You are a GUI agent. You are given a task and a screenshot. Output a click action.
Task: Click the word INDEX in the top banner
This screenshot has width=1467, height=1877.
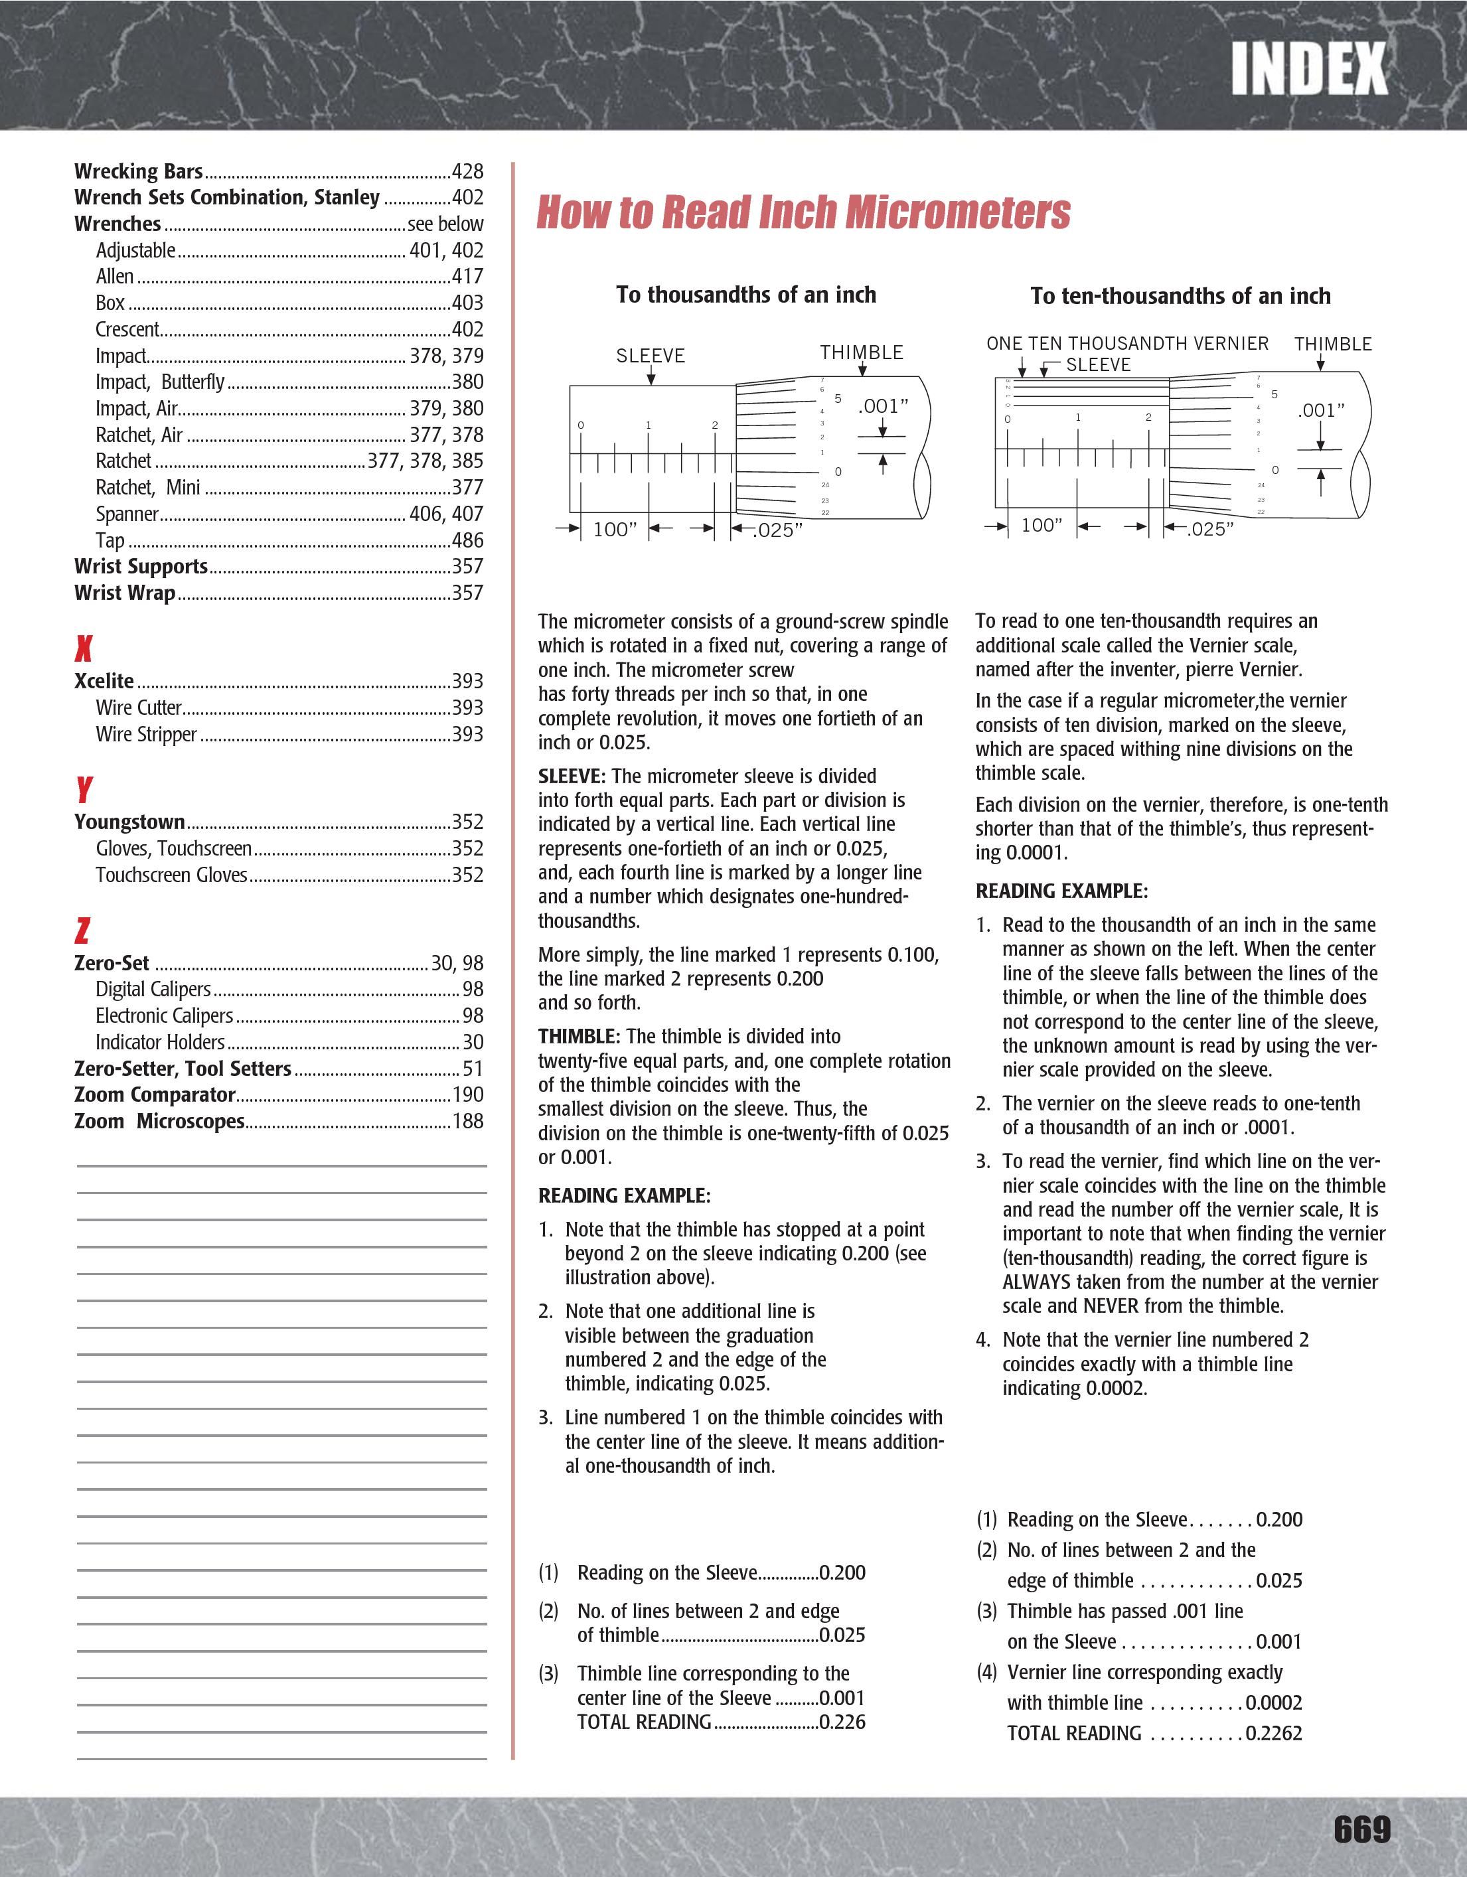pos(1308,70)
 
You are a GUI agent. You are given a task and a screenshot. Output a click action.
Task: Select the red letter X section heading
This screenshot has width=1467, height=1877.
pos(84,647)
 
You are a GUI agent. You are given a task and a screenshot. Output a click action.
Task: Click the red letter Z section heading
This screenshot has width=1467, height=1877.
pos(82,930)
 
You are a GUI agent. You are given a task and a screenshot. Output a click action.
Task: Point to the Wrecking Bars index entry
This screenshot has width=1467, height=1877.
pos(138,171)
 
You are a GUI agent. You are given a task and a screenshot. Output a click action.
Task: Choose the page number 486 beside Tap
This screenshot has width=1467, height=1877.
pos(467,540)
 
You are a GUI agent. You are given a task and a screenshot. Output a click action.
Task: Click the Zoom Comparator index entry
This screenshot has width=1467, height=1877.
pos(155,1094)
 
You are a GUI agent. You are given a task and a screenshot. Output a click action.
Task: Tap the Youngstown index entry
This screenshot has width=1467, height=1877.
pos(129,822)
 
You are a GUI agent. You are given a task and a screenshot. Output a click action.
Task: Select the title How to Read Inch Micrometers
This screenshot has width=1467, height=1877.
pos(804,212)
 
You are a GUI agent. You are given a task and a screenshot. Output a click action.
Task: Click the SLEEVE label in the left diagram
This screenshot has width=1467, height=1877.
pos(651,356)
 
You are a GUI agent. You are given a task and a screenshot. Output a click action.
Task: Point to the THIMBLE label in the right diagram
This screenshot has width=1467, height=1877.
pos(1333,344)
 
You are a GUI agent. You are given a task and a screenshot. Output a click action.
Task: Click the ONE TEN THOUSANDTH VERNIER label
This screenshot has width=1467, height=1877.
pos(1126,344)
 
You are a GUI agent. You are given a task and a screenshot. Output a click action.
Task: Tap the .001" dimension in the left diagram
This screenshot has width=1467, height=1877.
pos(883,406)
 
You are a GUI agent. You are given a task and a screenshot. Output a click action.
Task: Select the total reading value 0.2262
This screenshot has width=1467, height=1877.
pos(1274,1732)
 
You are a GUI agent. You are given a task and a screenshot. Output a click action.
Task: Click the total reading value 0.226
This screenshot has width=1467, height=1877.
pos(842,1722)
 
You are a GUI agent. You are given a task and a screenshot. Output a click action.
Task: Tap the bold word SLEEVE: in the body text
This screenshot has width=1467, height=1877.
pos(572,776)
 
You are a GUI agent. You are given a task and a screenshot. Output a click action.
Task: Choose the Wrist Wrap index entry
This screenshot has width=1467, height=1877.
pos(125,592)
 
